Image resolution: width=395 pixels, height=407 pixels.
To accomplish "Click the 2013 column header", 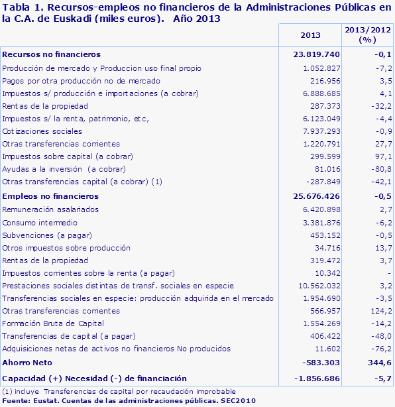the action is pos(310,35).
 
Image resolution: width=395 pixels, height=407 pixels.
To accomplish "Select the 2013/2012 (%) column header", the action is pos(366,35).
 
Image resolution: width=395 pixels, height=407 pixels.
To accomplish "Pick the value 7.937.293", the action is pos(321,131).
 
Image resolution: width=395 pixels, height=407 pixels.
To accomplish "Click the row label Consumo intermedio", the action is pos(40,222).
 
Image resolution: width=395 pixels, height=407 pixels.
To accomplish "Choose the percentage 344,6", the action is pos(372,363).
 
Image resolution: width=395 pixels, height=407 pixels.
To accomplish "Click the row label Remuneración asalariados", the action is pos(50,209).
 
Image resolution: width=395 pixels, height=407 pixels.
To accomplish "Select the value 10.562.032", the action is pos(319,285).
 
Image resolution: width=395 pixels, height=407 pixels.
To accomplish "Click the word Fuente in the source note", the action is pos(15,401).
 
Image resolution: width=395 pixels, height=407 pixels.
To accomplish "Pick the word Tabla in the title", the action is pos(16,8).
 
